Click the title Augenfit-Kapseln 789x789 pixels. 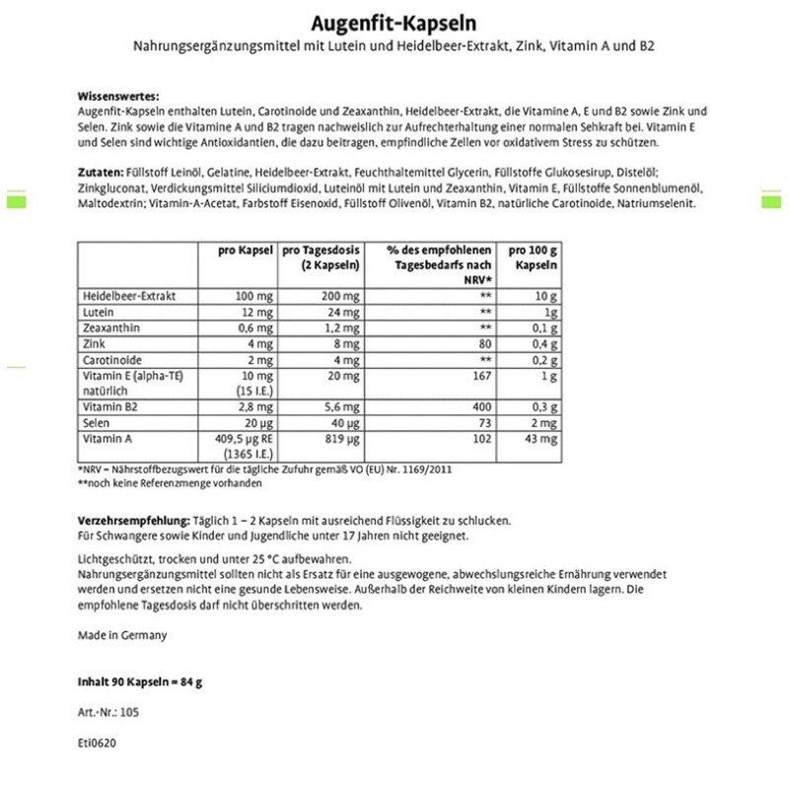[x=394, y=23]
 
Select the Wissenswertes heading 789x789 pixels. [x=118, y=97]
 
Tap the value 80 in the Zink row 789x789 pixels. [x=483, y=344]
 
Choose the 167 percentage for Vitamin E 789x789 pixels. [x=481, y=376]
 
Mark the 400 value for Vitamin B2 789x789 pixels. [x=481, y=405]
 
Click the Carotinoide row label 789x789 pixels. [x=110, y=360]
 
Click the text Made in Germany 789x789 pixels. [x=122, y=635]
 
